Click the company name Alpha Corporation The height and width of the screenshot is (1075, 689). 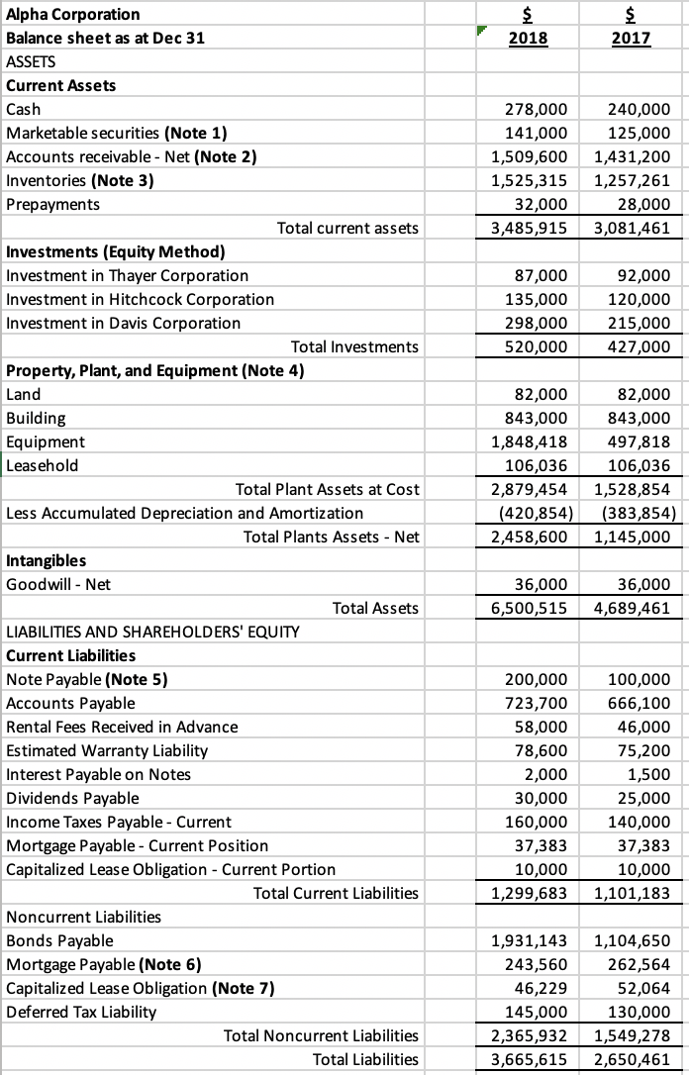[73, 14]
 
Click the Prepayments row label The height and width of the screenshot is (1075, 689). [52, 204]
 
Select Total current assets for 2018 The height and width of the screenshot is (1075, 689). [530, 228]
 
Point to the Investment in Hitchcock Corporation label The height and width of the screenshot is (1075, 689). [141, 299]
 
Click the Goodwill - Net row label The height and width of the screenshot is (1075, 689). [58, 584]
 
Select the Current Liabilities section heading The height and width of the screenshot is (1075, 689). [71, 655]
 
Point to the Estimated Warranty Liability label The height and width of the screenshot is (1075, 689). [107, 750]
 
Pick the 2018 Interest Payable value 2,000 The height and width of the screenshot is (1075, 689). [546, 774]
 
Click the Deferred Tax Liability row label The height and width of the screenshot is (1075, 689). [81, 1012]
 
